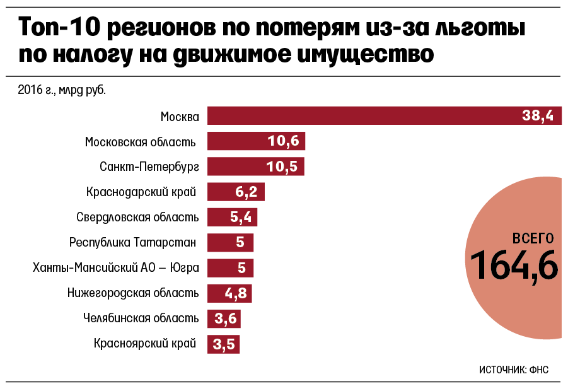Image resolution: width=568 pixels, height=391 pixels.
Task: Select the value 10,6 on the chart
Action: pyautogui.click(x=283, y=141)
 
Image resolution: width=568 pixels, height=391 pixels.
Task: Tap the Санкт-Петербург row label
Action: pyautogui.click(x=149, y=167)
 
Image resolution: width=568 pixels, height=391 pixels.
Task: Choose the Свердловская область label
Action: pyautogui.click(x=137, y=218)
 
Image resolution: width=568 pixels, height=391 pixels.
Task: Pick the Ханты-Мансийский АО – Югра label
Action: pyautogui.click(x=116, y=268)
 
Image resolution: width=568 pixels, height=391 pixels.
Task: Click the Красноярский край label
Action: pyautogui.click(x=145, y=344)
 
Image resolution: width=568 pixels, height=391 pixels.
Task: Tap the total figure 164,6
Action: pyautogui.click(x=514, y=265)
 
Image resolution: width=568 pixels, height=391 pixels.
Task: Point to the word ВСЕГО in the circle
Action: pyautogui.click(x=533, y=238)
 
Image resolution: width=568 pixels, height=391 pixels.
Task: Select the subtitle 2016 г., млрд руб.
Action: pyautogui.click(x=62, y=90)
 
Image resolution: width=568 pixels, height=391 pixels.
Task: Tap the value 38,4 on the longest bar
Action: pyautogui.click(x=537, y=116)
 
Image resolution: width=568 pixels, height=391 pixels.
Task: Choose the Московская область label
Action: pyautogui.click(x=140, y=142)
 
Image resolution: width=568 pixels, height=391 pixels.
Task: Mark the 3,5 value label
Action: pyautogui.click(x=224, y=344)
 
